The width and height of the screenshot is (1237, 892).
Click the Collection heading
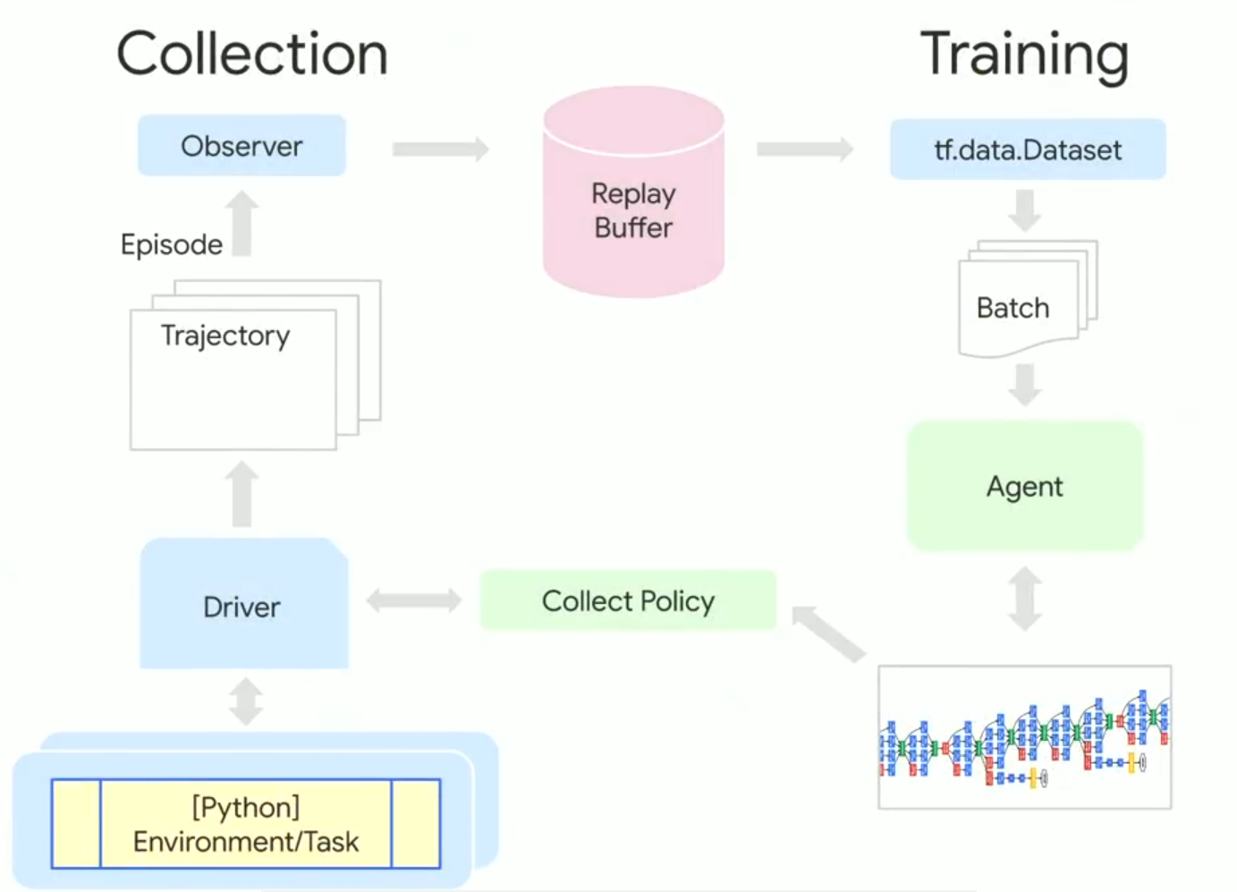[x=252, y=55]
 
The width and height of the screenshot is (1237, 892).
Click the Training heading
[x=1024, y=55]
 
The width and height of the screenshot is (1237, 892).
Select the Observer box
[x=241, y=146]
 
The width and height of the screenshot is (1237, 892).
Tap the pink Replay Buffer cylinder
[x=633, y=211]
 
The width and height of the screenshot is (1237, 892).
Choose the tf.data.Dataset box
[x=1027, y=150]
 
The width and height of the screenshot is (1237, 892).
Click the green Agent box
[x=1025, y=487]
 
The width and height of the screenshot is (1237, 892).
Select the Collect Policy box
[x=628, y=601]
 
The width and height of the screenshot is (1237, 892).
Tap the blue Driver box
[x=242, y=607]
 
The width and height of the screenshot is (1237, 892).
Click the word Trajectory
[x=225, y=336]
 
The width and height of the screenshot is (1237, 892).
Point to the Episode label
[x=171, y=244]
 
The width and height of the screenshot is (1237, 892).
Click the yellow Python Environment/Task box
[x=246, y=824]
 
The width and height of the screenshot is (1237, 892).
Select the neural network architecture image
[x=1025, y=737]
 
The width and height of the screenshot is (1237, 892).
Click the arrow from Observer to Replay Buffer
[x=441, y=149]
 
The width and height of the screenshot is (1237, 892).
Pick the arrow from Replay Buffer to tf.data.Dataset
[x=805, y=149]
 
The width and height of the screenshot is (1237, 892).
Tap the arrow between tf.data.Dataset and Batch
[x=1025, y=210]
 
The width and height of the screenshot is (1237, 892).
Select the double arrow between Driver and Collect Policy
[x=413, y=600]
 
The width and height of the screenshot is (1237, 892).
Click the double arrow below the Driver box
[x=246, y=701]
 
